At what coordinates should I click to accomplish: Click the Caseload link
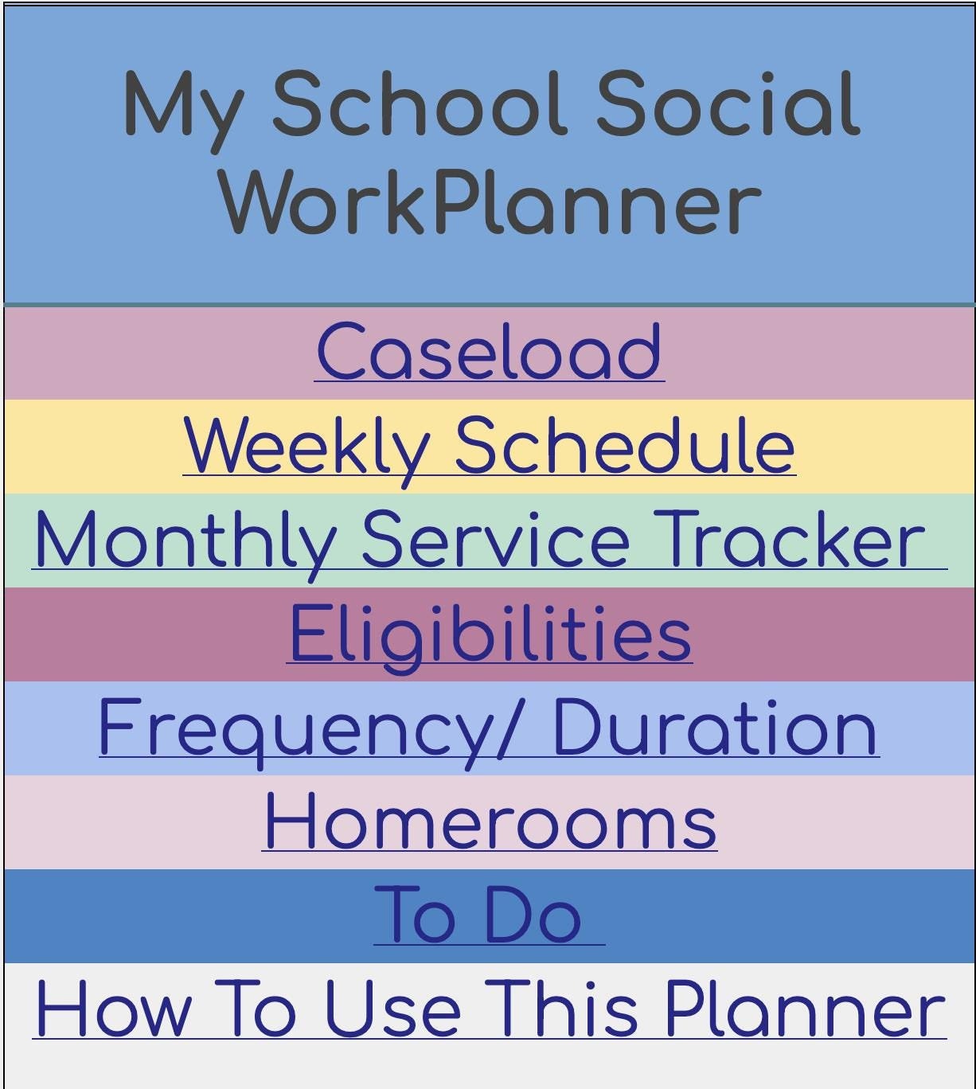pyautogui.click(x=489, y=353)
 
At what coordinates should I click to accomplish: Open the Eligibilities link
pyautogui.click(x=489, y=634)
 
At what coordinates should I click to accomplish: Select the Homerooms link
pyautogui.click(x=490, y=822)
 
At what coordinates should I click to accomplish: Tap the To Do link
pyautogui.click(x=478, y=916)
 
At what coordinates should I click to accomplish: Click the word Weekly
pyautogui.click(x=306, y=447)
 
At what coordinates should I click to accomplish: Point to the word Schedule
pyautogui.click(x=625, y=447)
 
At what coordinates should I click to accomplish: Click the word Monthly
pyautogui.click(x=185, y=541)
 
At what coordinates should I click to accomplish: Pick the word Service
pyautogui.click(x=495, y=541)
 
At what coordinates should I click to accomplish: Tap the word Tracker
pyautogui.click(x=788, y=541)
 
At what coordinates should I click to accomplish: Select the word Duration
pyautogui.click(x=714, y=728)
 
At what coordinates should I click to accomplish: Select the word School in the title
pyautogui.click(x=420, y=104)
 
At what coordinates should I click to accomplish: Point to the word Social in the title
pyautogui.click(x=728, y=104)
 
